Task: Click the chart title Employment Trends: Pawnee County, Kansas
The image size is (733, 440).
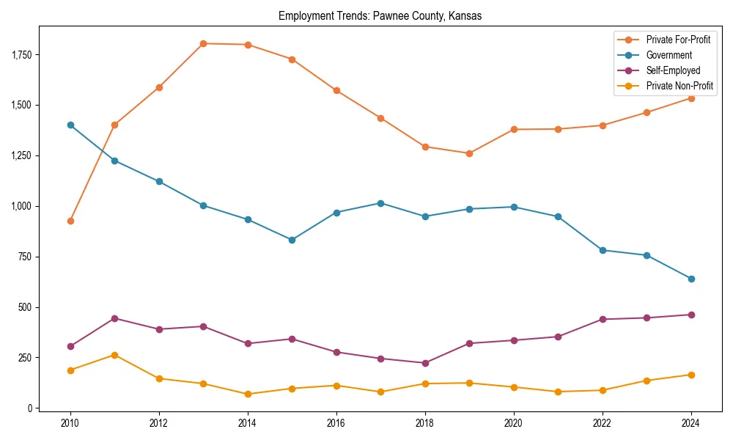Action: tap(380, 16)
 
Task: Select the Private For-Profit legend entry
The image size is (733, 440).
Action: tap(678, 40)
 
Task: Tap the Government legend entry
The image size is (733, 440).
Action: tap(668, 55)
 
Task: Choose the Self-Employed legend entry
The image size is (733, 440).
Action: tap(673, 70)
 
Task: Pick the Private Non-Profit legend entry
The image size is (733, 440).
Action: tap(679, 86)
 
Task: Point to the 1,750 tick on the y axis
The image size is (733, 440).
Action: tap(21, 55)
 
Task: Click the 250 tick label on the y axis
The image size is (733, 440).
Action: tap(26, 358)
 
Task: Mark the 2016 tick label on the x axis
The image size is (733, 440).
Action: tap(336, 423)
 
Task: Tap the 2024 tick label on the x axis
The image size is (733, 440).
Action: tap(691, 423)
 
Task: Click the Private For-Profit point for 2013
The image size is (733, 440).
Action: tap(203, 43)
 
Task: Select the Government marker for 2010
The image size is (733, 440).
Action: tap(70, 125)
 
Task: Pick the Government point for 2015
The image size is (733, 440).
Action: tap(292, 240)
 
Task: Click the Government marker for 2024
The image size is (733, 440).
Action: tap(691, 279)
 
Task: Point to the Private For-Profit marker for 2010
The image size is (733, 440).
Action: tap(70, 221)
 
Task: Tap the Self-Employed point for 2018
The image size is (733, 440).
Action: tap(425, 363)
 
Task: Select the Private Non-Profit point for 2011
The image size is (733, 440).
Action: tap(114, 355)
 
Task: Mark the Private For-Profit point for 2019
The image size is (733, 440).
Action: tap(469, 153)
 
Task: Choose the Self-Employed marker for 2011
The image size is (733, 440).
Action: tap(114, 318)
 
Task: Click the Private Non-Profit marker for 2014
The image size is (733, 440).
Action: tap(248, 394)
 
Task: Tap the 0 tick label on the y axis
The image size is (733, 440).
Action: tap(31, 408)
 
